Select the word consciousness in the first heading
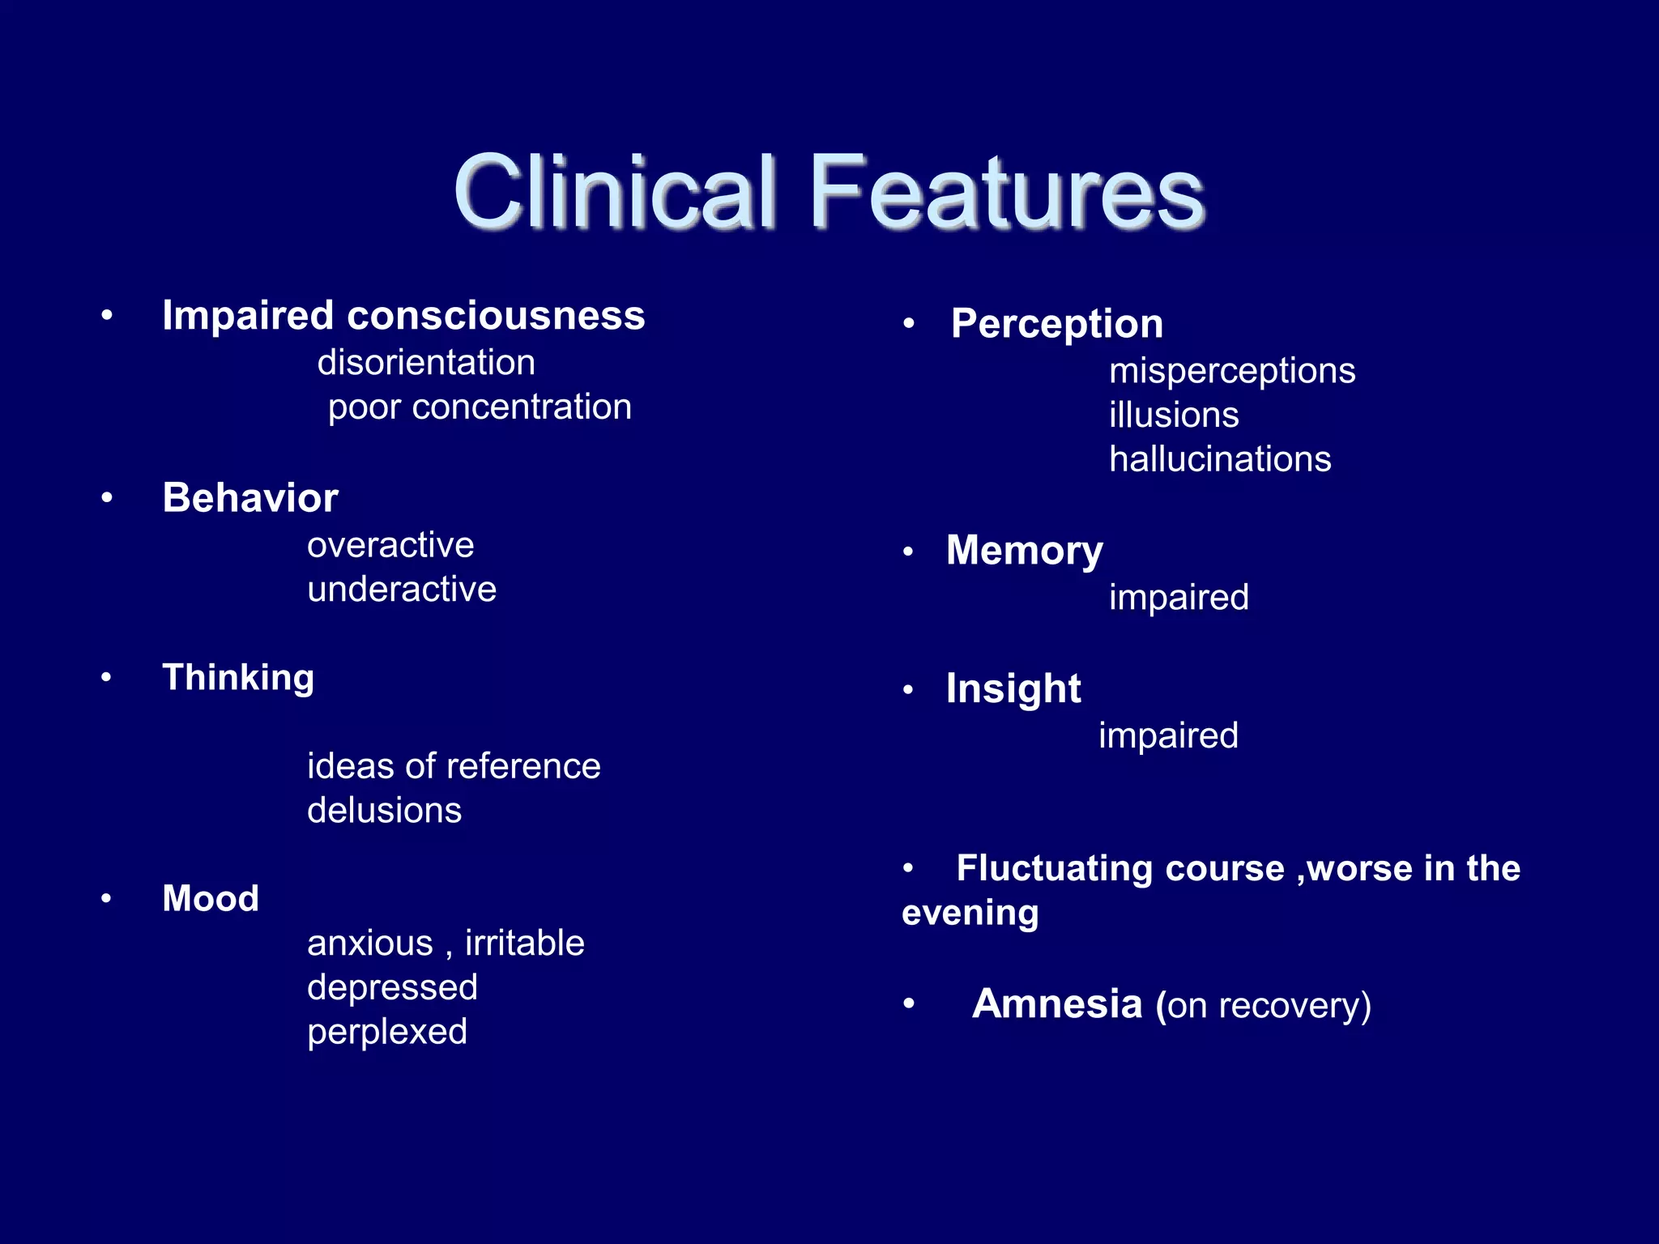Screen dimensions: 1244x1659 coord(496,315)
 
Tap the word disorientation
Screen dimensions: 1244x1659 coord(426,362)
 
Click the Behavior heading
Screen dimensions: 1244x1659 coord(250,497)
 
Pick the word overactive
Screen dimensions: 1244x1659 coord(390,545)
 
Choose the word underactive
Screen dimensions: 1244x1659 coord(402,589)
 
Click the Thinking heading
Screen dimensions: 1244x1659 coord(238,677)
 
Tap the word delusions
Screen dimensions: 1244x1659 coord(385,810)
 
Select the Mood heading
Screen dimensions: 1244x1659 coord(211,898)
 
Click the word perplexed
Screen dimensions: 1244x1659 coord(387,1032)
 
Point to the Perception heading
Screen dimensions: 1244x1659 coord(1057,324)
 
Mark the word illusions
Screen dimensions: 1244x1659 coord(1174,415)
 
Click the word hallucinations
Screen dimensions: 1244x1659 coord(1220,459)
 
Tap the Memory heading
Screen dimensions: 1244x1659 coord(1025,551)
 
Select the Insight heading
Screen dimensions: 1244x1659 coord(1013,689)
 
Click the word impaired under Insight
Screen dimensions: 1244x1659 coord(1168,735)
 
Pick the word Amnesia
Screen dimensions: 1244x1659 coord(1057,1004)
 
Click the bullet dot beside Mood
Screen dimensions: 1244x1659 coord(106,898)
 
